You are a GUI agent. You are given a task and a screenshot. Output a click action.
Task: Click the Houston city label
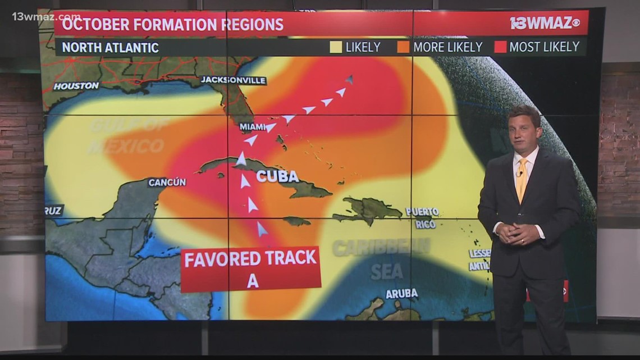coord(76,86)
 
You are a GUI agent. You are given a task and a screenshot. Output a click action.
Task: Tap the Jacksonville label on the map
coord(233,80)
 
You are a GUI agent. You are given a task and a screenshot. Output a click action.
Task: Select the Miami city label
coord(252,127)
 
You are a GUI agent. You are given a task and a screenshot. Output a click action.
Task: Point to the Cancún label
coord(167,183)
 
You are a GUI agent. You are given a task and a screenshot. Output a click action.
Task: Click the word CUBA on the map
coord(278,176)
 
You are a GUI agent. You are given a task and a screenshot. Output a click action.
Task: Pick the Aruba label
coord(401,293)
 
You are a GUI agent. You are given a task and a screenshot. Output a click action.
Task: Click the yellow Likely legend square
coord(336,47)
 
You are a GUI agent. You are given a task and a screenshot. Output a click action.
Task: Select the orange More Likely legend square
coord(403,47)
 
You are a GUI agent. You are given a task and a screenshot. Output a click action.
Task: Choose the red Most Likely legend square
coord(500,47)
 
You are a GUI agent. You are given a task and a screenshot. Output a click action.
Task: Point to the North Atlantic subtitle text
coord(110,48)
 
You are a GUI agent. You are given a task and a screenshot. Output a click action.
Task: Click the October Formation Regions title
coord(172,24)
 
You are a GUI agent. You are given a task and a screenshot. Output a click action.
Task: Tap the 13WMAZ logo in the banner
coord(545,24)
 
